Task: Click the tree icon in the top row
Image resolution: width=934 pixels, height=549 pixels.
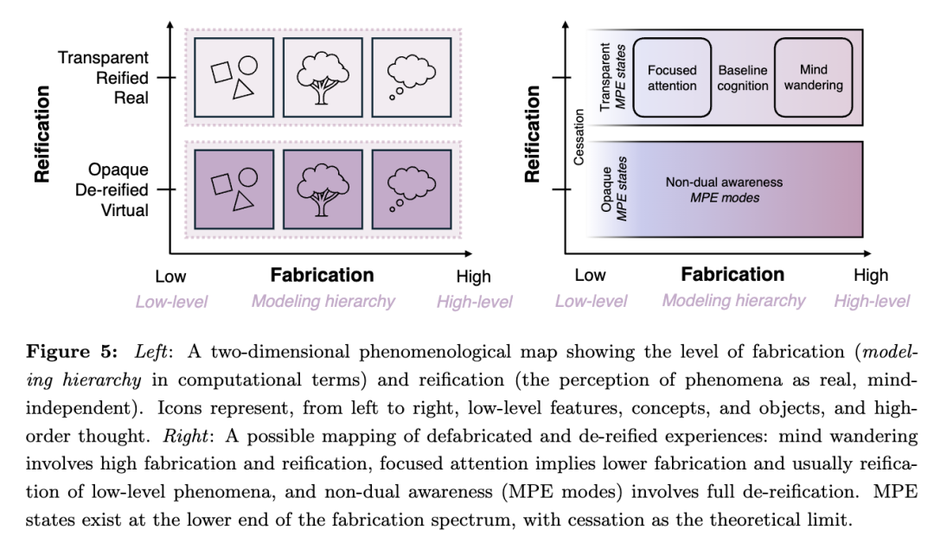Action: pos(321,76)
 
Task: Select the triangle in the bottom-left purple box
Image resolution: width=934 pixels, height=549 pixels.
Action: pos(243,201)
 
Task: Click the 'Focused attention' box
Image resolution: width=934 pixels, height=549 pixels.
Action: pos(672,78)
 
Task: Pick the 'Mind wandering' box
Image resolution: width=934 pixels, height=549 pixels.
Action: pos(814,78)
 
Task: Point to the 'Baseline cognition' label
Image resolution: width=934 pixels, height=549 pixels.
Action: pos(743,78)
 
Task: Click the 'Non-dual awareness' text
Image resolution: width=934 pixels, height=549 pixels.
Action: pos(724,182)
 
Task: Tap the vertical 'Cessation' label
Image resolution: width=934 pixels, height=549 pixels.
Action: pos(579,136)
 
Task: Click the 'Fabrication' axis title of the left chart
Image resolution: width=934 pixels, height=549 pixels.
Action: pos(322,275)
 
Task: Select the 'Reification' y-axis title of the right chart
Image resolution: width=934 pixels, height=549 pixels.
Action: pos(534,133)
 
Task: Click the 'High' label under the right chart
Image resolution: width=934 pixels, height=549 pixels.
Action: pos(870,276)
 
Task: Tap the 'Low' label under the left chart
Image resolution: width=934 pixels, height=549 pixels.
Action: pos(170,277)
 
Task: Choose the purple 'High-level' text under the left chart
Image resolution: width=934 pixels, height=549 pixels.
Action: pos(474,302)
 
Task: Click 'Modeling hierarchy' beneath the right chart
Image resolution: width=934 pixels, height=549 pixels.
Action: pos(733,301)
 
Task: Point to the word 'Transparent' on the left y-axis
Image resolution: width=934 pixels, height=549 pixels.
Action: pos(103,58)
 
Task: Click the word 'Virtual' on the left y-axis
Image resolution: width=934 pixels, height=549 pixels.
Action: pos(123,209)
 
